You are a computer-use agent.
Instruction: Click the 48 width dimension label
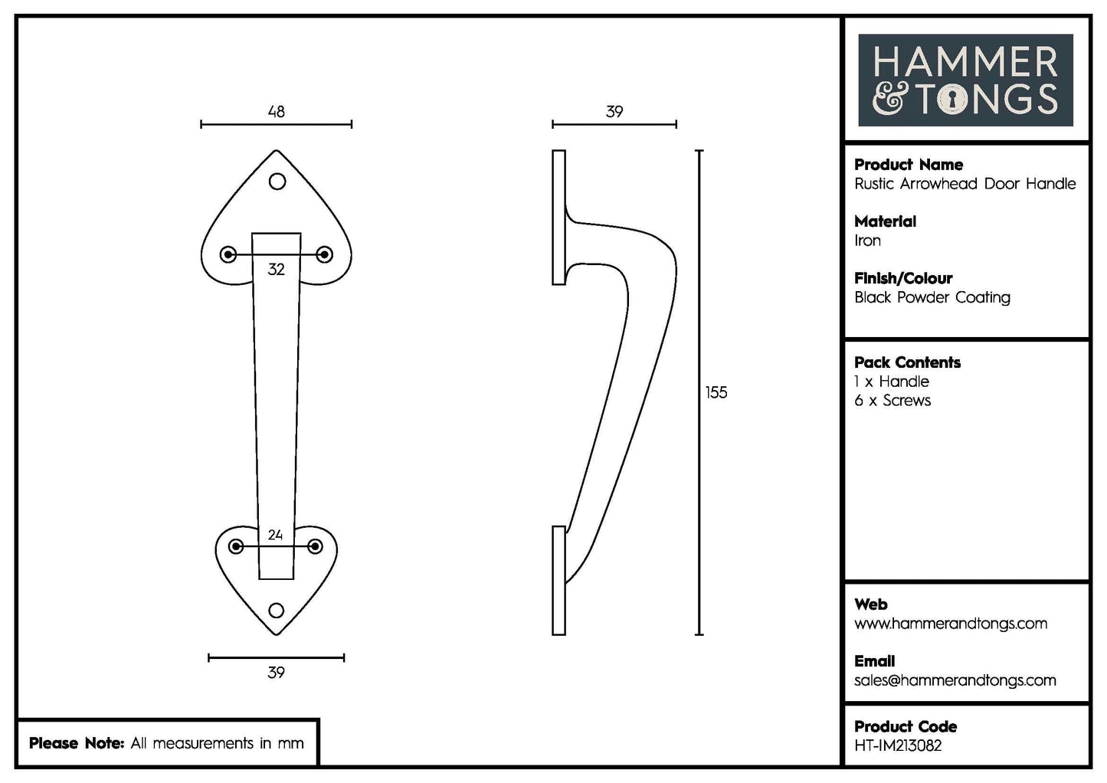point(276,112)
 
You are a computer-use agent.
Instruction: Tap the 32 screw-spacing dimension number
point(276,270)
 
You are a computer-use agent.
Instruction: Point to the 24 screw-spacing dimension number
point(276,535)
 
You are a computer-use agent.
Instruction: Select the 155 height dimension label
point(716,393)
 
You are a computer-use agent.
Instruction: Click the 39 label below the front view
point(276,673)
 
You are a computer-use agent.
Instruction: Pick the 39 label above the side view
point(614,112)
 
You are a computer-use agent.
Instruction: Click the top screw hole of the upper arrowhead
point(277,182)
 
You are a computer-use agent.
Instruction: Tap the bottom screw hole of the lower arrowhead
point(276,611)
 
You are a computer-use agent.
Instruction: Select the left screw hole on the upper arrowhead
point(228,254)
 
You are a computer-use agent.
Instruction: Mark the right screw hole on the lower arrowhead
point(315,546)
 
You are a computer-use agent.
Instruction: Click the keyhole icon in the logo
point(952,100)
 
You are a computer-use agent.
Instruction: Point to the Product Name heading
point(909,165)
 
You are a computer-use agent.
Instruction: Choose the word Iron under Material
point(867,241)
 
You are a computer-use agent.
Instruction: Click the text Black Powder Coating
point(932,297)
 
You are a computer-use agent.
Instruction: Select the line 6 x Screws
point(892,401)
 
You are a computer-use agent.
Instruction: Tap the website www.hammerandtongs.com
point(951,624)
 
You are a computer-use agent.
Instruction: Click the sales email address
point(955,680)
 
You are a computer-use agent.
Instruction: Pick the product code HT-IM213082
point(898,745)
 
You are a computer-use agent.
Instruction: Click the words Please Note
point(76,743)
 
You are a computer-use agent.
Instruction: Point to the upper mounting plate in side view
point(558,218)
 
